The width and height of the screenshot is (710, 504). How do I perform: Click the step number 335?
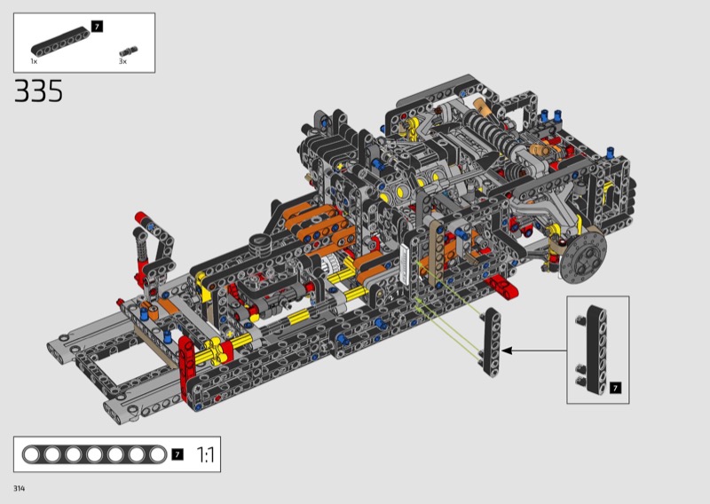[38, 91]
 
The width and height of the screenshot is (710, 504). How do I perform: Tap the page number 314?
[19, 488]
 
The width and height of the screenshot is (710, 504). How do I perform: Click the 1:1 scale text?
[206, 454]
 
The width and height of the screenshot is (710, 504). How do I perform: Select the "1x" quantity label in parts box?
[34, 61]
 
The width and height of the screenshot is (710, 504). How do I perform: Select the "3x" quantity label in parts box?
[122, 61]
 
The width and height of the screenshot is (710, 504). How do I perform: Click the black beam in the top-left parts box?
[60, 42]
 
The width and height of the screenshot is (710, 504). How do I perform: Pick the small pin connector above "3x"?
[129, 51]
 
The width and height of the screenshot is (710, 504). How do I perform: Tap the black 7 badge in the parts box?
[97, 27]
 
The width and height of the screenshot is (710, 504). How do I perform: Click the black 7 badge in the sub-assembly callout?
[615, 388]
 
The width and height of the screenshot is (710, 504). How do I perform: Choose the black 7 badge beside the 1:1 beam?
[177, 454]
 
